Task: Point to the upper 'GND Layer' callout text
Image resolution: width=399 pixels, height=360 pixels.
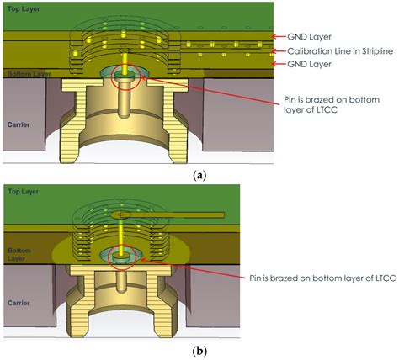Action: [x=310, y=36]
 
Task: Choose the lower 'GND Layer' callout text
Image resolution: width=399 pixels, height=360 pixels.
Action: [x=310, y=64]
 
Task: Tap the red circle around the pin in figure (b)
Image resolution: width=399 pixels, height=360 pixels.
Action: [x=129, y=258]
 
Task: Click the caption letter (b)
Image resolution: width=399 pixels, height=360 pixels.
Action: [x=199, y=350]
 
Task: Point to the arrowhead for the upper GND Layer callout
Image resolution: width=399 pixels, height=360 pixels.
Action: [x=274, y=36]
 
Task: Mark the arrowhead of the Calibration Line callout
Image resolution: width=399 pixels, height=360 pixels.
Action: [x=274, y=50]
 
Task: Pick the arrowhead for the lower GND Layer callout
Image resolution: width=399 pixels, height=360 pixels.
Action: [x=274, y=64]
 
